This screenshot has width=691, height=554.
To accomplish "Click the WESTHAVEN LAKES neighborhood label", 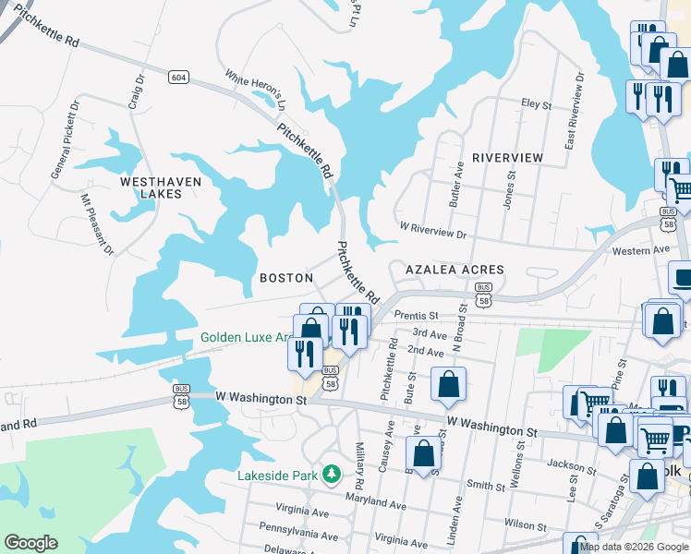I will click(160, 188).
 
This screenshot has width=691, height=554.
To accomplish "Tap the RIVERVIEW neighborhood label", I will click(507, 158).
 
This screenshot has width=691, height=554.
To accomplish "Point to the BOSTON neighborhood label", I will click(286, 278).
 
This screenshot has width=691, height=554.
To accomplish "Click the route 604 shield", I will click(178, 77).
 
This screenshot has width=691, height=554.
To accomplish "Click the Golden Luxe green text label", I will click(246, 338).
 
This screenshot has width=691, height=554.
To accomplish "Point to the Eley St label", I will click(536, 104).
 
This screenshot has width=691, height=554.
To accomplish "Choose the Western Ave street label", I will click(640, 250).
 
